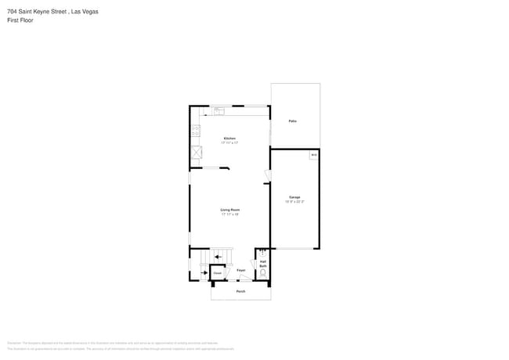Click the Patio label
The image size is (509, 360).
click(292, 121)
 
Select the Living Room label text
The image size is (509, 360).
click(229, 210)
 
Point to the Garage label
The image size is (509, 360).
click(294, 197)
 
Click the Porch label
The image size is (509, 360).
click(240, 291)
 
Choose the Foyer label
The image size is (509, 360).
click(241, 270)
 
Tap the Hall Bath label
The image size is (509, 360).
click(263, 265)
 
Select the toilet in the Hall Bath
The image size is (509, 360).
click(263, 273)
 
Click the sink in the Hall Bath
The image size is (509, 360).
click(262, 252)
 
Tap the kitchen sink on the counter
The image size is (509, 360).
click(219, 110)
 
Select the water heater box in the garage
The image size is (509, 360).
click(313, 155)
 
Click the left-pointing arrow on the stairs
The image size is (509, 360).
click(217, 255)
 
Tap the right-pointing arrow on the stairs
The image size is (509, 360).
click(204, 272)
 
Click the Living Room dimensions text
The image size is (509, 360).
click(229, 214)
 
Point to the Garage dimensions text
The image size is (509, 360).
click(294, 202)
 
